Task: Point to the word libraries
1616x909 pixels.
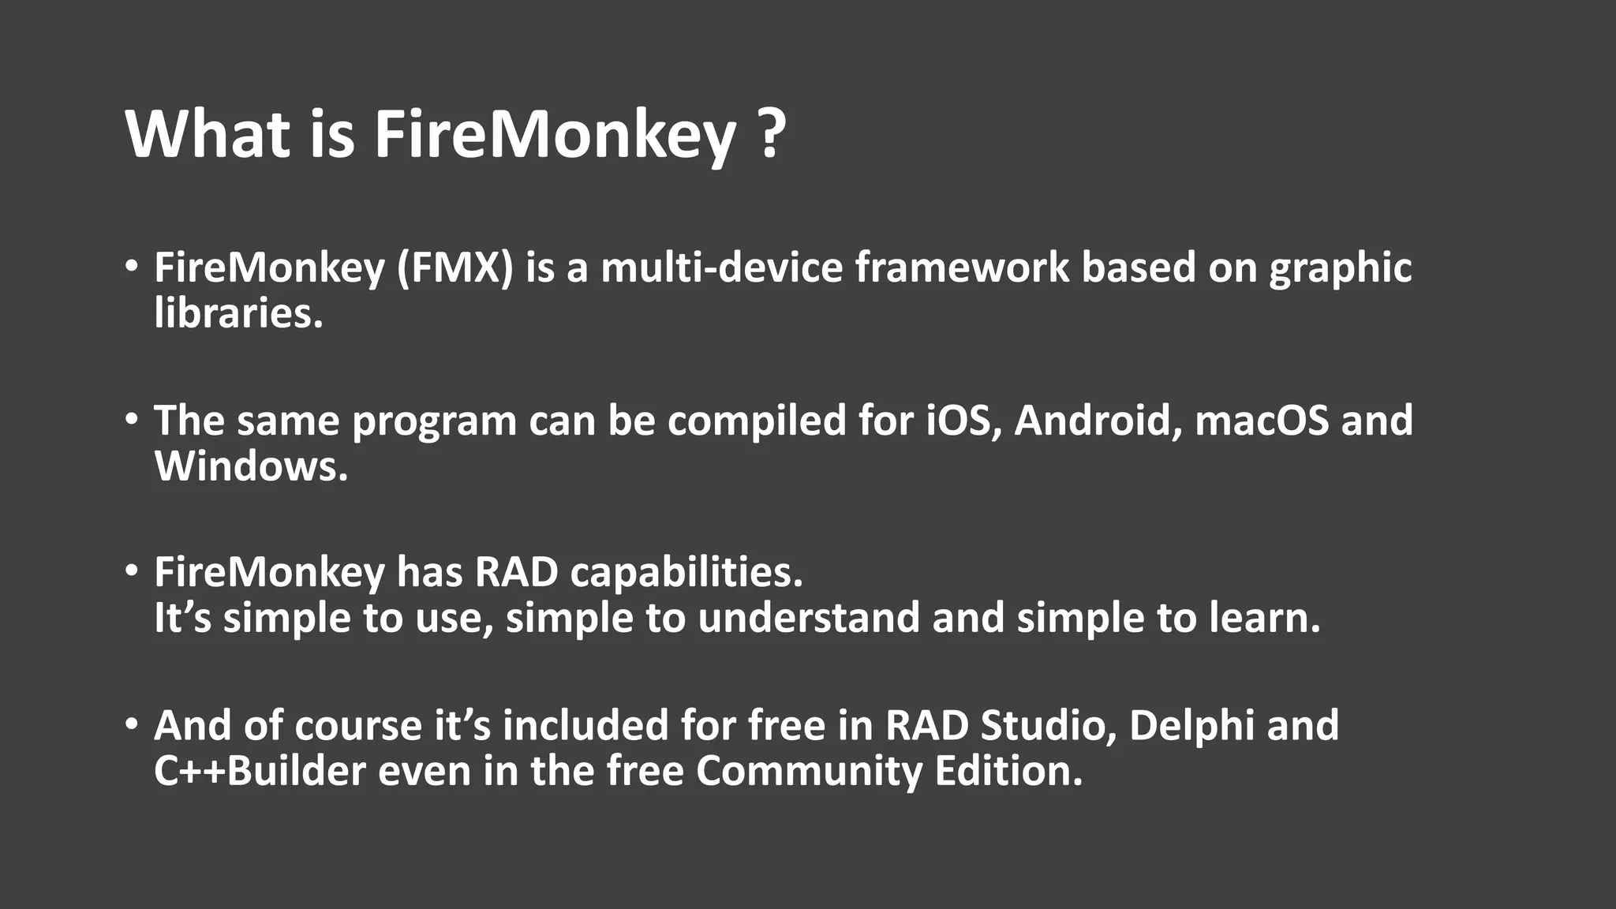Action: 238,313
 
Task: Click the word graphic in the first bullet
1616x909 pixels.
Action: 1340,269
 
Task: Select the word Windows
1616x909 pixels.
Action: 250,466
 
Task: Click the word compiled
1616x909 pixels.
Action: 757,421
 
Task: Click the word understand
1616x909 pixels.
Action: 809,618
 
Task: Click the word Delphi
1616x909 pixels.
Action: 1191,726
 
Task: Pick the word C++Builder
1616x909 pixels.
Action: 260,771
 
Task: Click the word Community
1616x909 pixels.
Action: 809,772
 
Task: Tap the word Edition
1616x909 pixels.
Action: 1008,771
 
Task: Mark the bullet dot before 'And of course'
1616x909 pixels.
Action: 132,724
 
